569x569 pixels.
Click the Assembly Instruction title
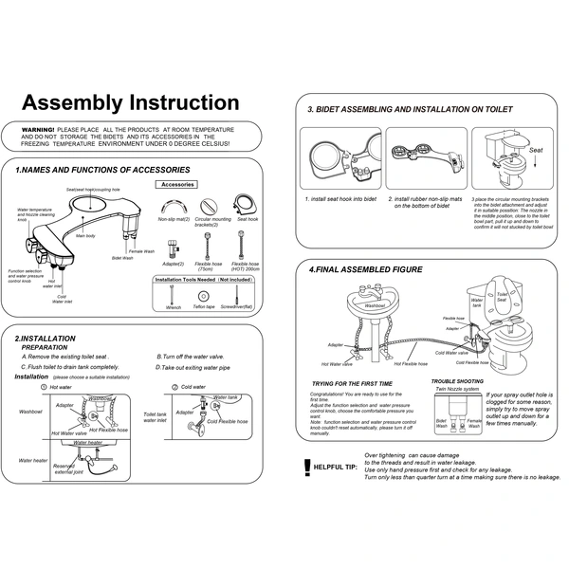tap(130, 101)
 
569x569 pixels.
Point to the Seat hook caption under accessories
tap(248, 219)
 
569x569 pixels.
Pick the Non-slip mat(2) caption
tap(174, 219)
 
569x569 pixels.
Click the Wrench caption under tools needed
tap(173, 307)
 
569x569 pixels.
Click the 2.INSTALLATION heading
tap(46, 338)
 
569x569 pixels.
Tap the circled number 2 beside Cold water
tap(174, 387)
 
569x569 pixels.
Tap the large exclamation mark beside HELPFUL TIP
tap(305, 466)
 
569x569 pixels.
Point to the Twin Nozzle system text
tap(457, 389)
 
